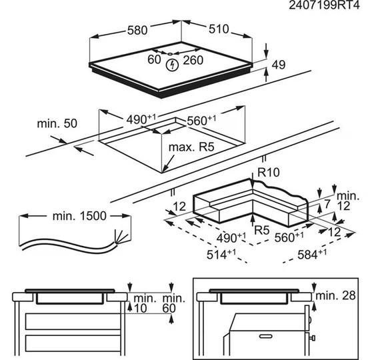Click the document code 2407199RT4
pyautogui.click(x=324, y=5)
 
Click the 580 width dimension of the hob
pyautogui.click(x=137, y=31)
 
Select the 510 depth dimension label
pyautogui.click(x=219, y=29)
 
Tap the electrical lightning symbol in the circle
pyautogui.click(x=172, y=65)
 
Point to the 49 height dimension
pyautogui.click(x=279, y=65)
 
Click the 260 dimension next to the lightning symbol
pyautogui.click(x=193, y=60)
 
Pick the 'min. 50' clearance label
pyautogui.click(x=57, y=123)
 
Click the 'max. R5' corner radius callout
pyautogui.click(x=191, y=147)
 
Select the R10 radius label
pyautogui.click(x=269, y=172)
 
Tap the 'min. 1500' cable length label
pyautogui.click(x=79, y=216)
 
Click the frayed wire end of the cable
pyautogui.click(x=121, y=236)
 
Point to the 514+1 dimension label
pyautogui.click(x=221, y=254)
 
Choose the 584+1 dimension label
pyautogui.click(x=312, y=254)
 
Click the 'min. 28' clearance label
pyautogui.click(x=335, y=295)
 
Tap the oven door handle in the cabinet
pyautogui.click(x=265, y=336)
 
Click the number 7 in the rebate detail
pyautogui.click(x=327, y=204)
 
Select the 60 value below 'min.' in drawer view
pyautogui.click(x=169, y=309)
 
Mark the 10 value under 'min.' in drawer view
pyautogui.click(x=140, y=309)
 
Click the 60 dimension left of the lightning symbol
pyautogui.click(x=154, y=59)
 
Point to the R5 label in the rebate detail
pyautogui.click(x=262, y=230)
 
